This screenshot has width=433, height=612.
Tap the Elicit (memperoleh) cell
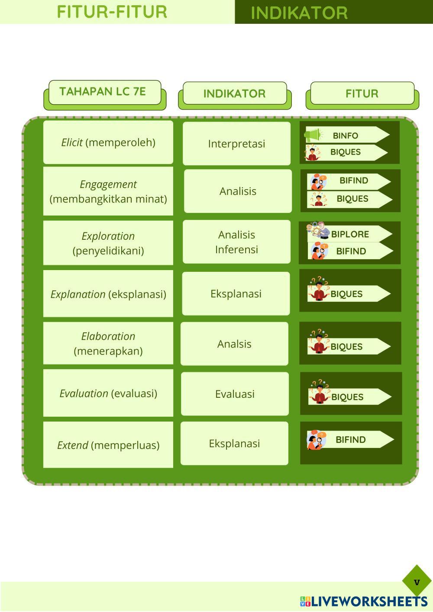(108, 142)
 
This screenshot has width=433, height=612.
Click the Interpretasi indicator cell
(236, 143)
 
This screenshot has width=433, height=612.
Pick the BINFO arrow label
(347, 135)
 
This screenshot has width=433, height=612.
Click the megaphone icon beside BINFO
(313, 135)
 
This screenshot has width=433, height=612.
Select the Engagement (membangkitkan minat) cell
(108, 191)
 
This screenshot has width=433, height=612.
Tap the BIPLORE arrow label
(350, 234)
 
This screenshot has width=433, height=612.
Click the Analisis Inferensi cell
(236, 242)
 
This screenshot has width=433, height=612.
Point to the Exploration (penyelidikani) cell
(108, 243)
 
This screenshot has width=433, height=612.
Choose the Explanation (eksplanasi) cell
(108, 294)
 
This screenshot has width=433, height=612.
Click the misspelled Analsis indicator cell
(234, 344)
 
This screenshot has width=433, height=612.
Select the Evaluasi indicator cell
(235, 394)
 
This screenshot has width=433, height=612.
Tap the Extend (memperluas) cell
(108, 445)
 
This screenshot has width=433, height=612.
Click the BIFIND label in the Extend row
(350, 439)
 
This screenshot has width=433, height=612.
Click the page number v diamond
(417, 582)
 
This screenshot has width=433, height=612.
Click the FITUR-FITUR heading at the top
(112, 12)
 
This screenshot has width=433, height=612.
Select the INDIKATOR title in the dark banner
(299, 13)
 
